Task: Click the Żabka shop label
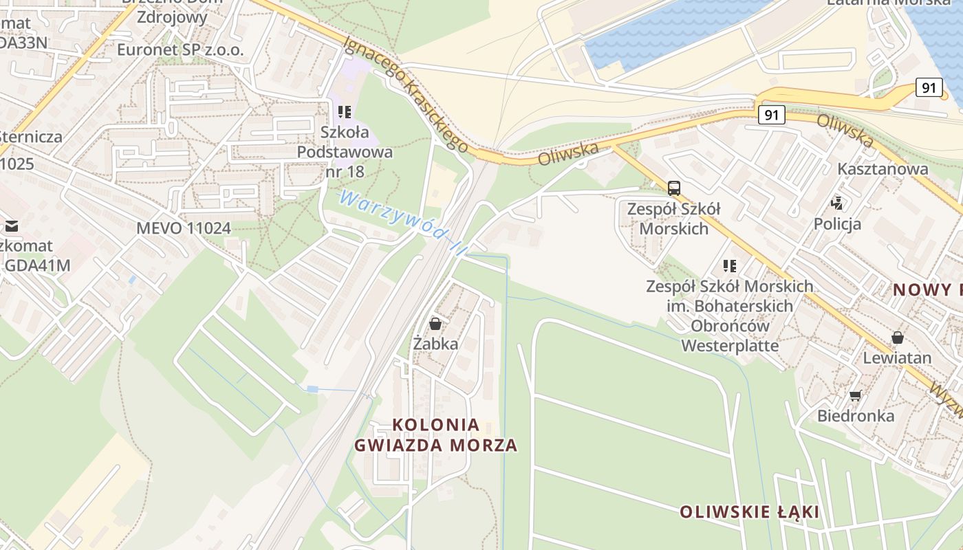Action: [x=435, y=343]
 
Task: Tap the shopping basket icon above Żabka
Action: [x=435, y=323]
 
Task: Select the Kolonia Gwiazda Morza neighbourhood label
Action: [x=435, y=434]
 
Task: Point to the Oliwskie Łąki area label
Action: [x=749, y=511]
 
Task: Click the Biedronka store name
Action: [x=856, y=415]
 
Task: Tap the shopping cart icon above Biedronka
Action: [x=855, y=395]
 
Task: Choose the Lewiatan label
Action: [x=897, y=357]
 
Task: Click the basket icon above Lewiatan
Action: [x=897, y=338]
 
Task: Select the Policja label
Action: [x=837, y=223]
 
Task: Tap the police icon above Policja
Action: [x=837, y=203]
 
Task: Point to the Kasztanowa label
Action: [x=883, y=168]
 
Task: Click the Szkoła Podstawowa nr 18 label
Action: [x=345, y=151]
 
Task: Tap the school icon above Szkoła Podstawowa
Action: [x=345, y=111]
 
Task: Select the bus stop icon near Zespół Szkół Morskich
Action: [x=674, y=188]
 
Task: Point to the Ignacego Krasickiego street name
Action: [x=406, y=94]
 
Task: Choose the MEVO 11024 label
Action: [x=184, y=228]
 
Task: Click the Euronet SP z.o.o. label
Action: [x=180, y=49]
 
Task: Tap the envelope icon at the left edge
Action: [x=12, y=225]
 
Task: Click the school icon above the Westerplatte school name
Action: [x=730, y=265]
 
